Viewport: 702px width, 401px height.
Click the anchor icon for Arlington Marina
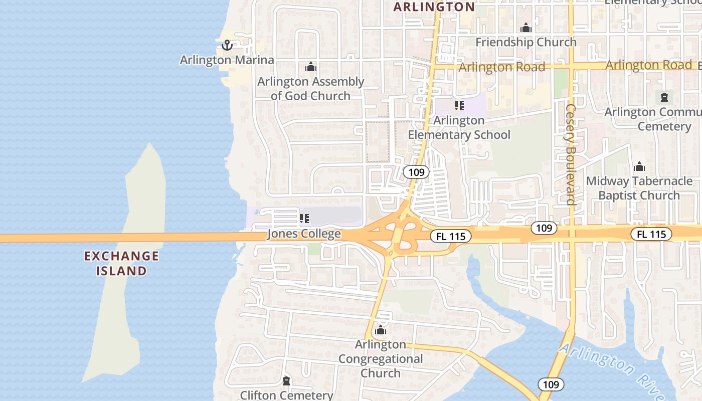tap(227, 46)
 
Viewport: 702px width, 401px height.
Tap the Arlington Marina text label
tap(227, 60)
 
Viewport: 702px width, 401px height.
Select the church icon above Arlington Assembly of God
tap(311, 67)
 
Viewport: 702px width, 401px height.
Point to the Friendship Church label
tap(525, 42)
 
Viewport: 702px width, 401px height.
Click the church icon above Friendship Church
tap(525, 28)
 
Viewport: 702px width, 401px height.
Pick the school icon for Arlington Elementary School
tap(459, 106)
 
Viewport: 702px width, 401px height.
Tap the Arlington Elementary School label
tap(459, 128)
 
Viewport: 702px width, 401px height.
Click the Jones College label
tap(304, 234)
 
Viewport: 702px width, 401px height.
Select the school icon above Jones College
tap(304, 219)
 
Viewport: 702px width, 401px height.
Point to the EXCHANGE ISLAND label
tap(121, 264)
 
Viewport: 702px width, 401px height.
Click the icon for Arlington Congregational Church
tap(381, 330)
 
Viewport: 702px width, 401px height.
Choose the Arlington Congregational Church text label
tap(381, 359)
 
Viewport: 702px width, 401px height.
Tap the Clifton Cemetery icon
tap(286, 381)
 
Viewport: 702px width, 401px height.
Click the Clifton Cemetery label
tap(286, 395)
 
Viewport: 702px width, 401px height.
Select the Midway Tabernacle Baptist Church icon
tap(639, 166)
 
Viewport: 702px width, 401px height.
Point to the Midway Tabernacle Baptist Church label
tap(639, 188)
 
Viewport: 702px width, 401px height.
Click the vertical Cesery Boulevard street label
tap(570, 154)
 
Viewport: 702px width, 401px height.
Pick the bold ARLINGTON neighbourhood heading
tap(434, 7)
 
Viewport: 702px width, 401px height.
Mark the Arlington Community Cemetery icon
tap(664, 97)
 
